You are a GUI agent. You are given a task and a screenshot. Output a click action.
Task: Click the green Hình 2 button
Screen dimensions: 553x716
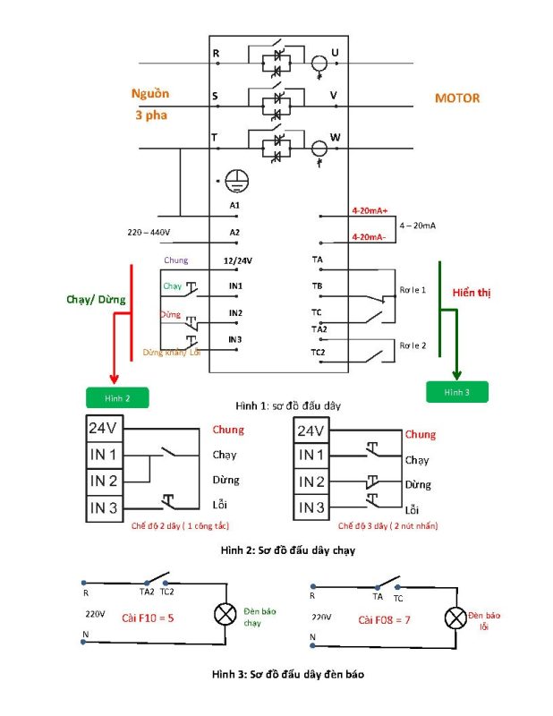(x=117, y=397)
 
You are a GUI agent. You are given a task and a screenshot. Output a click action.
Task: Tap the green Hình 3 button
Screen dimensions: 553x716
(x=457, y=392)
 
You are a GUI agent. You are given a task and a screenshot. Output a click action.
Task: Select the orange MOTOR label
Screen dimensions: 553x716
(x=457, y=98)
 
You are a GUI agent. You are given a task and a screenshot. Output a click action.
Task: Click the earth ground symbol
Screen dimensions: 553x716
(x=236, y=181)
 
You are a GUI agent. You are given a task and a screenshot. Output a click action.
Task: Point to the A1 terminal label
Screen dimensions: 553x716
(x=234, y=206)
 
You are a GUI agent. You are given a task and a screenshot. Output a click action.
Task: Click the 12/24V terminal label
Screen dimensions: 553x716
(x=237, y=260)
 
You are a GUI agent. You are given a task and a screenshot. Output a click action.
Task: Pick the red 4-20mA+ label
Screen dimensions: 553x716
(x=370, y=210)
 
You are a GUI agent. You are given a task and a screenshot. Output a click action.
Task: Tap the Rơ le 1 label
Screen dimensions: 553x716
(x=413, y=290)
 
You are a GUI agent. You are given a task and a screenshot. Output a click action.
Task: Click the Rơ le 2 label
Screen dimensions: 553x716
(x=413, y=345)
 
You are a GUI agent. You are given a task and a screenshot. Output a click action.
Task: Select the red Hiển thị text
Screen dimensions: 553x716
(x=472, y=293)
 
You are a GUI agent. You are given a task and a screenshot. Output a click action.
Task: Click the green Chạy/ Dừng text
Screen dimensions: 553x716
(x=96, y=300)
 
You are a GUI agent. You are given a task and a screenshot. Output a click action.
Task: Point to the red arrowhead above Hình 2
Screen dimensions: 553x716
(x=115, y=379)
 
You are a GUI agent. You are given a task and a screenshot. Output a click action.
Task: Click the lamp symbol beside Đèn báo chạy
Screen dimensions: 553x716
(x=225, y=614)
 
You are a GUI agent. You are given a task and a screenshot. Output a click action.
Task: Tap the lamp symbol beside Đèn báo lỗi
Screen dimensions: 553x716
(x=455, y=618)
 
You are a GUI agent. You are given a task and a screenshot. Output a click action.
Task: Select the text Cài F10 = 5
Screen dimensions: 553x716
(x=148, y=618)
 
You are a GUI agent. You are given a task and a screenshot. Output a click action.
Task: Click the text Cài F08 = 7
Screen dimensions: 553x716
(x=384, y=620)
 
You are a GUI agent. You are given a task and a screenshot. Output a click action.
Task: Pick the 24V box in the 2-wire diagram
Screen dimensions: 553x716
(x=105, y=429)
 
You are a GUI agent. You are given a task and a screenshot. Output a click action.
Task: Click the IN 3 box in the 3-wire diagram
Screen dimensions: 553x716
(x=311, y=507)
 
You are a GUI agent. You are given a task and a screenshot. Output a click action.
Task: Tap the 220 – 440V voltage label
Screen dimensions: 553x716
(x=149, y=233)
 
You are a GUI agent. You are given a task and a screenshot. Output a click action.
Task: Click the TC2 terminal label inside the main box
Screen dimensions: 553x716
(x=318, y=353)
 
